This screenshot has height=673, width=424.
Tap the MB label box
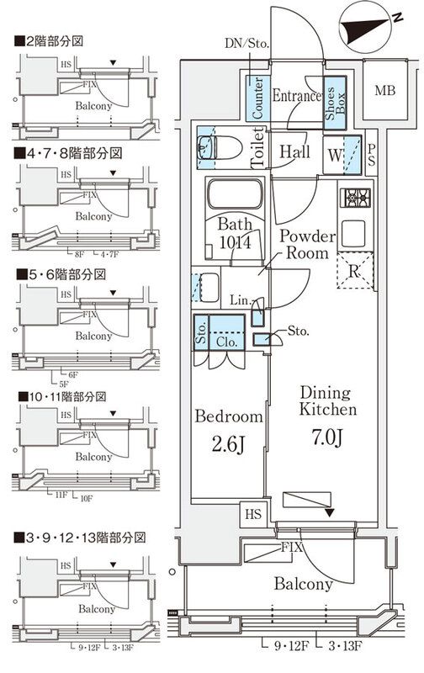385,91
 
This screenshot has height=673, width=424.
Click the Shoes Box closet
334,102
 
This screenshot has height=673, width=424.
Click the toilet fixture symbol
217,149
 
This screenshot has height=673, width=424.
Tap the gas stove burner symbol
354,199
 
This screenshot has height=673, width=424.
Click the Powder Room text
307,244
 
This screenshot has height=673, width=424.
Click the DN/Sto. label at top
246,42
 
